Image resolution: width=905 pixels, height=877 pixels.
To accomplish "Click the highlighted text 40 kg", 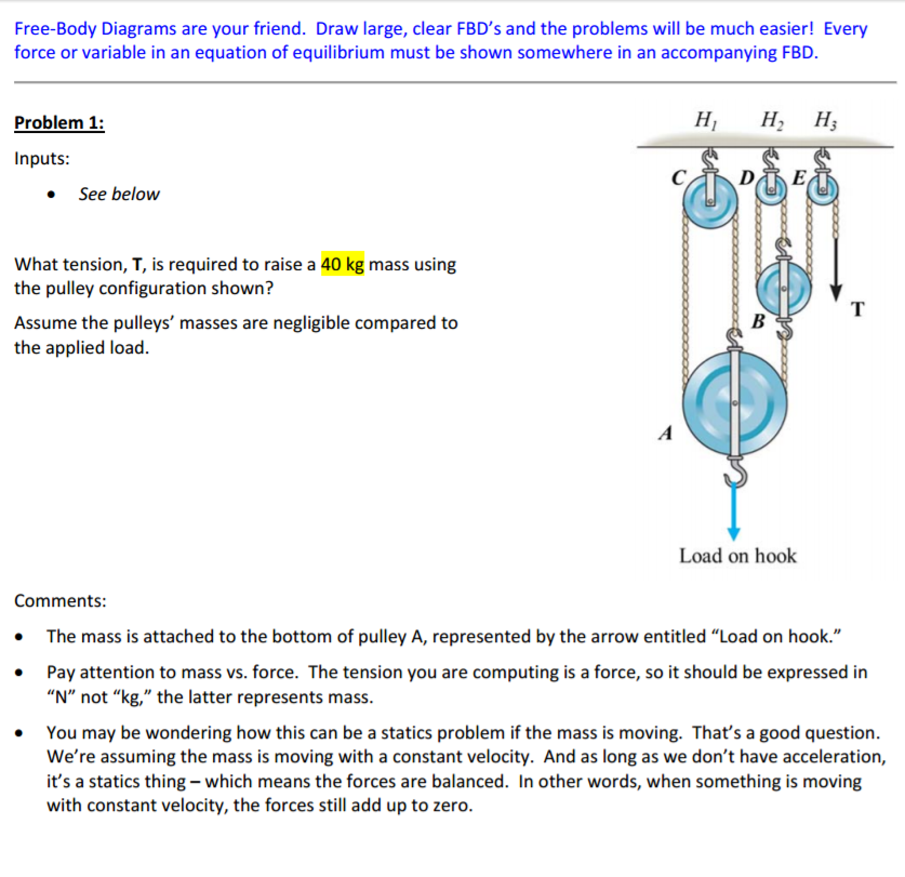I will (x=342, y=264).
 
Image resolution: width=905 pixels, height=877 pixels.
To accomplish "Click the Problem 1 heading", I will (x=59, y=123).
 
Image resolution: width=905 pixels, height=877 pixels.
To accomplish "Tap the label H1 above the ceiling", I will (x=706, y=120).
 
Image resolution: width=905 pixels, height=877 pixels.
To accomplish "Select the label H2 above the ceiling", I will (x=771, y=120).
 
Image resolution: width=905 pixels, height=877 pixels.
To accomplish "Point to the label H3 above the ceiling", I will (x=825, y=120).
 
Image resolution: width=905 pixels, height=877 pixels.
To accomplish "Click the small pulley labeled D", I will (x=770, y=190).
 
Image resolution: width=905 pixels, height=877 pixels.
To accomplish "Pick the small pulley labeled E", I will (x=822, y=190).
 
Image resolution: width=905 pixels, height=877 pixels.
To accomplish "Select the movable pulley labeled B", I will (x=783, y=288).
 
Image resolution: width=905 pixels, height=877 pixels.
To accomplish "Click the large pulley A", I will (x=735, y=403).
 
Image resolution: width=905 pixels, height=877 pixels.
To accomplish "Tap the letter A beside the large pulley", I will (x=665, y=433).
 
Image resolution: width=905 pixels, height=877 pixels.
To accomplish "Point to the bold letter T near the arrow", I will (x=857, y=309).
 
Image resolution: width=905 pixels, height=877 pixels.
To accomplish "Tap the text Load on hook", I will (x=737, y=556).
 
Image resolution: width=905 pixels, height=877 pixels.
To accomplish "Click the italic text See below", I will (x=119, y=194).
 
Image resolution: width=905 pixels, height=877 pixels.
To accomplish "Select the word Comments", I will (x=60, y=601).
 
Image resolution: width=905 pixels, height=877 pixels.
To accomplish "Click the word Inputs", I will (x=42, y=158).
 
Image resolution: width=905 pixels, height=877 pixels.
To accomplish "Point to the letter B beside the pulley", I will (x=758, y=321).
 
